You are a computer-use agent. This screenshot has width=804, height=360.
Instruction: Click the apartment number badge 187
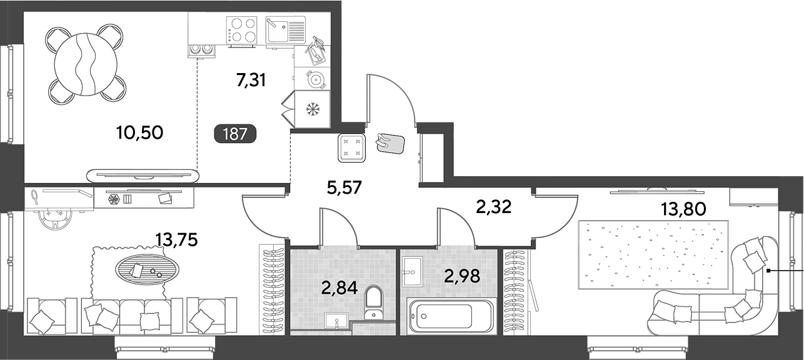[x=235, y=134]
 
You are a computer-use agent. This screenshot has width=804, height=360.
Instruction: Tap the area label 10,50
[x=139, y=132]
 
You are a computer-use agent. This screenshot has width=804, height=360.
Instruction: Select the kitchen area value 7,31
[x=251, y=81]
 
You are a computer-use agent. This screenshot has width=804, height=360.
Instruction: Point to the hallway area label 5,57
[x=344, y=187]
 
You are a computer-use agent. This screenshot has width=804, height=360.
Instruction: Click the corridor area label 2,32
[x=493, y=207]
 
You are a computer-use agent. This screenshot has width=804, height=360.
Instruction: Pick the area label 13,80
[x=683, y=209]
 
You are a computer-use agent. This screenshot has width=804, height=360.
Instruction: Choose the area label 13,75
[x=176, y=239]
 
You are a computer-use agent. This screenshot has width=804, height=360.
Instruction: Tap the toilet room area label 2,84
[x=339, y=288]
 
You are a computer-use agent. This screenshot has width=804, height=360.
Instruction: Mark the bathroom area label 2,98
[x=462, y=276]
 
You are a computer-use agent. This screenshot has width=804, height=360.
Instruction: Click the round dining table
[x=86, y=64]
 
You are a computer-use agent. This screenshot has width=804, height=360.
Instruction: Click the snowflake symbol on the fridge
[x=313, y=109]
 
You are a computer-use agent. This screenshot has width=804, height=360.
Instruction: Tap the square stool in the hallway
[x=351, y=148]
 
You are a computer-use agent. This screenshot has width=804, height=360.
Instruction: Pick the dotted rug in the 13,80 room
[x=653, y=255]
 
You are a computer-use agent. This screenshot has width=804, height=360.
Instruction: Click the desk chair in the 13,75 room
[x=55, y=219]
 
